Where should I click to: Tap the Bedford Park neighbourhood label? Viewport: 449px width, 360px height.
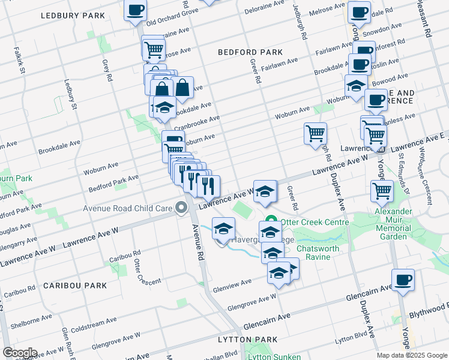click(246, 52)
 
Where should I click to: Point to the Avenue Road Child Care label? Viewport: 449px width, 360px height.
click(128, 209)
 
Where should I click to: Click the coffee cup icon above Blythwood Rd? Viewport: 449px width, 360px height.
click(402, 280)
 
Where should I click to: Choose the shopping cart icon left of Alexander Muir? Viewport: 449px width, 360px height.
click(382, 191)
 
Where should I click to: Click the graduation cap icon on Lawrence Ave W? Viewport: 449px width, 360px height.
click(264, 191)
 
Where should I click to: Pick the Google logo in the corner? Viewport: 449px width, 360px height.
click(19, 353)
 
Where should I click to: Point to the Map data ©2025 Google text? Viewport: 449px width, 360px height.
click(412, 355)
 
